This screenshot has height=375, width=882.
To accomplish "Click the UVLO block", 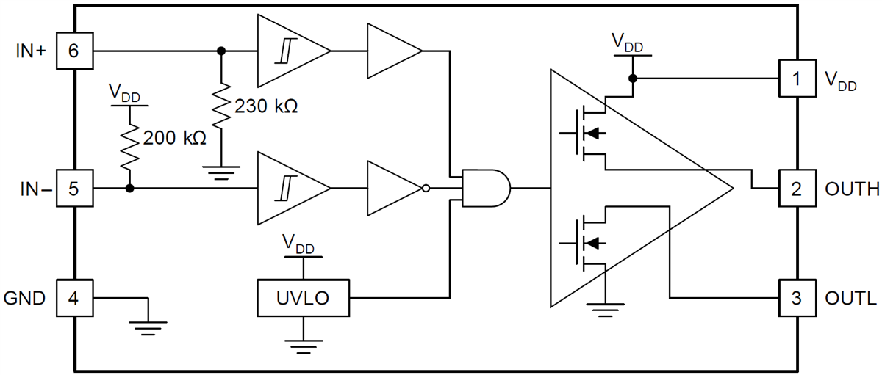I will pos(304,298).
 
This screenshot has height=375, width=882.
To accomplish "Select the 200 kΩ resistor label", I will pos(174,137).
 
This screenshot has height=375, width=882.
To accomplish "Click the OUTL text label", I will pos(851,299).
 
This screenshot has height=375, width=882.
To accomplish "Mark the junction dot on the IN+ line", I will pos(221,51).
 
